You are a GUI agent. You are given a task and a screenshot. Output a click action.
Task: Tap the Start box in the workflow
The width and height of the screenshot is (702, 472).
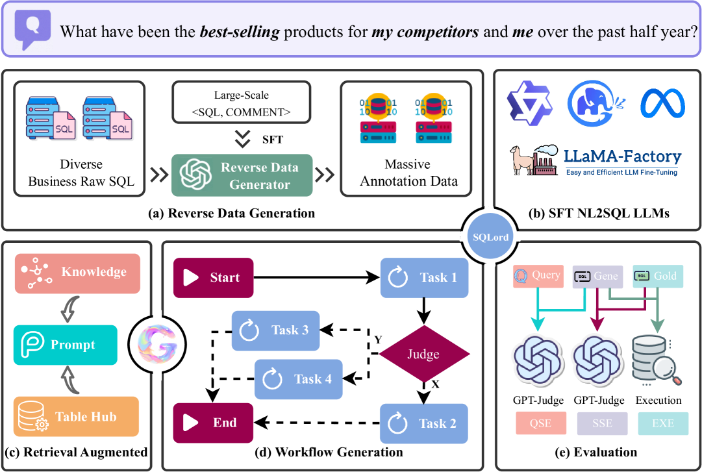(x=213, y=277)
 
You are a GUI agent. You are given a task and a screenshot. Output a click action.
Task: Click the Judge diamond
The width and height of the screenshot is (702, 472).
(x=423, y=354)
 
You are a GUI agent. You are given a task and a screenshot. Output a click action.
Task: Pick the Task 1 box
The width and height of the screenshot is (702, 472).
(x=424, y=278)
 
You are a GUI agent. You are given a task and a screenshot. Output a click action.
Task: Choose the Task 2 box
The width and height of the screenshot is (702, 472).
(x=423, y=423)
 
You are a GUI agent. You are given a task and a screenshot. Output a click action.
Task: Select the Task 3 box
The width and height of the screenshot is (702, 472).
(x=275, y=330)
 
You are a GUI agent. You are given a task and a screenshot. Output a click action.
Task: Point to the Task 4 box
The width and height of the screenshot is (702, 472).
(x=297, y=379)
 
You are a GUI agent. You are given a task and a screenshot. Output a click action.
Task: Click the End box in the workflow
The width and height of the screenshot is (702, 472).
(x=213, y=423)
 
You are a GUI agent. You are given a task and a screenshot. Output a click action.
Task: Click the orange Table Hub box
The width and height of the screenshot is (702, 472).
(x=76, y=417)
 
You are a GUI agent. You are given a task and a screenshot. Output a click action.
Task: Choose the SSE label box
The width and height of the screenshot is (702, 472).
(x=601, y=424)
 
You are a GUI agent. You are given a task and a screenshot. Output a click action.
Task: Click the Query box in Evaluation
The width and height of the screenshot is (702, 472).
(x=538, y=275)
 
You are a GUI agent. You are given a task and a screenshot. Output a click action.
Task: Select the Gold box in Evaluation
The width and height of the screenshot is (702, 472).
(x=657, y=275)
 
